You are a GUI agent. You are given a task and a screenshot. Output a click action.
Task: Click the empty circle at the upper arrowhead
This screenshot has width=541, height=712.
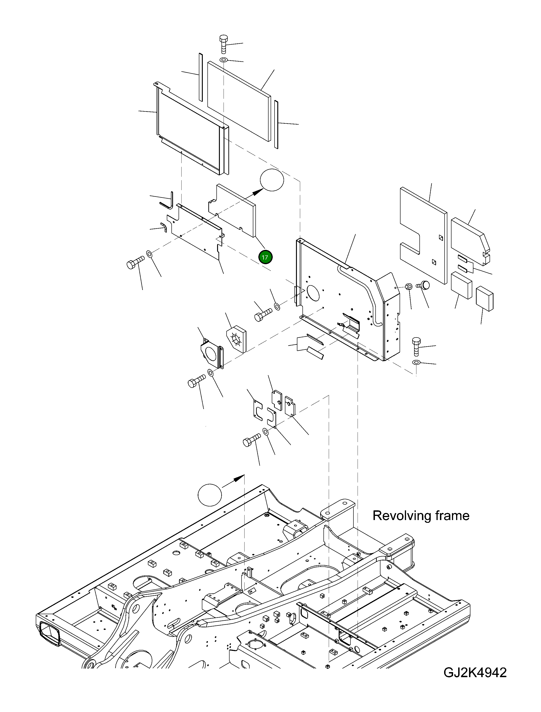coord(272,180)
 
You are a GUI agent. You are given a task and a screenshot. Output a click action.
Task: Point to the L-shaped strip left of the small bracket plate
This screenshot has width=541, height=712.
coord(168,201)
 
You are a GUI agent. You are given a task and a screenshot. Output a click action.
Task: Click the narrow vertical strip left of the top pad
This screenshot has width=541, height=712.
coord(201,77)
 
